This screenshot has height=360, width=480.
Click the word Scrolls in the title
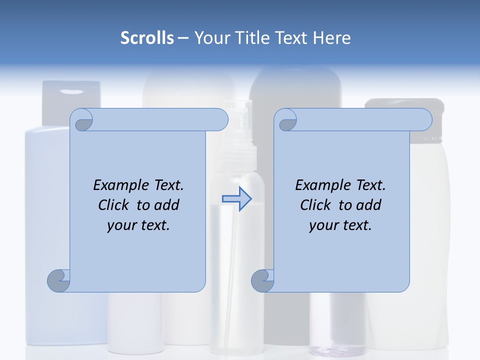tap(147, 37)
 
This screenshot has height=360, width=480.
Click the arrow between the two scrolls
tap(237, 199)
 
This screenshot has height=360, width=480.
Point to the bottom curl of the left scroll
tap(59, 280)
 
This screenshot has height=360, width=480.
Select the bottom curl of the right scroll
tap(263, 280)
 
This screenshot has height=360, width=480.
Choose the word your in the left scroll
tap(121, 225)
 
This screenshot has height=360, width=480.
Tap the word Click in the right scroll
tap(316, 205)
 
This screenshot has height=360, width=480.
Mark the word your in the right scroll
tap(323, 225)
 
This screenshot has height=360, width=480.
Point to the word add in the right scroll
tap(368, 205)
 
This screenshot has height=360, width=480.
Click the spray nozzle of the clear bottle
tap(238, 112)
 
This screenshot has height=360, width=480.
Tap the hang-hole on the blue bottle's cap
tap(71, 91)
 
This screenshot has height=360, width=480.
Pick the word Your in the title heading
tap(210, 37)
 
